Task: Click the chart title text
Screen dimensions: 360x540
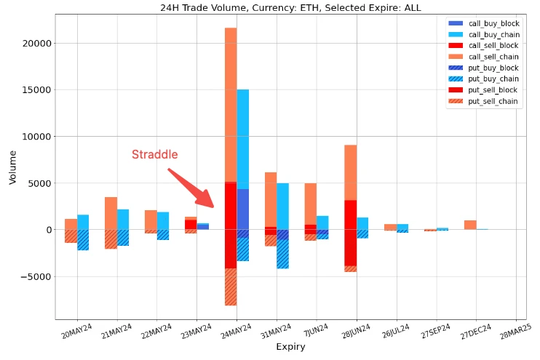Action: point(290,8)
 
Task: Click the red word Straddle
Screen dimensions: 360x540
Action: point(154,154)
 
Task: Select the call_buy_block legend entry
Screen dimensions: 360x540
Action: point(493,24)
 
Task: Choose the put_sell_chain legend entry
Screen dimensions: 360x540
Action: point(493,101)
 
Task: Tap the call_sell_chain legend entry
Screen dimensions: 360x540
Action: point(493,57)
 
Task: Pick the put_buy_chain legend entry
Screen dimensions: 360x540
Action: point(493,79)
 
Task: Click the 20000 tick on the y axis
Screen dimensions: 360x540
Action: point(39,44)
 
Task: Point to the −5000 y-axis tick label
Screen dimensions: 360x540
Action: point(37,276)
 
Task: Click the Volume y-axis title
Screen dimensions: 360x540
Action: point(12,167)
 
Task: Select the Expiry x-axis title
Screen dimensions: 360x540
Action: point(290,347)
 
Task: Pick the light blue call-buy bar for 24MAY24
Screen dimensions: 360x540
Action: point(243,138)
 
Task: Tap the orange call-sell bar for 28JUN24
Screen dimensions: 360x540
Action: point(350,172)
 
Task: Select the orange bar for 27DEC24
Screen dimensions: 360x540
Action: point(470,225)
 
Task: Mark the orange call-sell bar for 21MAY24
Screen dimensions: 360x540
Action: point(111,213)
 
